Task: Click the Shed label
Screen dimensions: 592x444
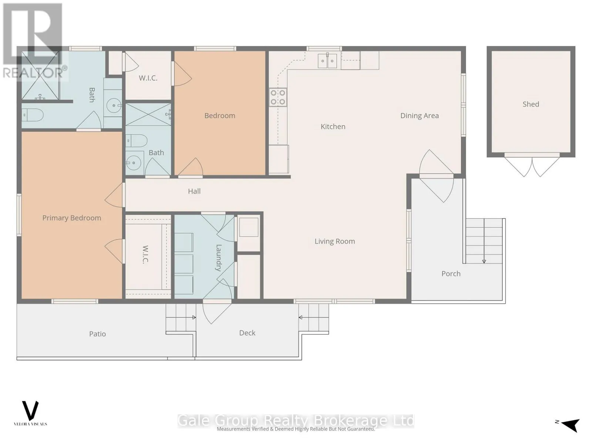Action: pyautogui.click(x=531, y=104)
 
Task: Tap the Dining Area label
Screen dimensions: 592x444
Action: pyautogui.click(x=419, y=116)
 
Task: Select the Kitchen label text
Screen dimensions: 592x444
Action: pyautogui.click(x=333, y=127)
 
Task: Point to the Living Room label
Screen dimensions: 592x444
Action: pyautogui.click(x=335, y=241)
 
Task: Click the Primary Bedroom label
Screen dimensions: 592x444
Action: pyautogui.click(x=72, y=218)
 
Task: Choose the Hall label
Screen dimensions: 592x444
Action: pyautogui.click(x=194, y=191)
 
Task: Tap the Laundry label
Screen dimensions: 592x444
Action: pyautogui.click(x=218, y=258)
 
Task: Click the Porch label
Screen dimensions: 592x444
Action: pyautogui.click(x=451, y=274)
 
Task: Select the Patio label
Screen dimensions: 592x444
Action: pyautogui.click(x=97, y=334)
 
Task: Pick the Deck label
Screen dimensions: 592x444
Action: pyautogui.click(x=247, y=333)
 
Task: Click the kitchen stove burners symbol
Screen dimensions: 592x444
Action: pyautogui.click(x=278, y=97)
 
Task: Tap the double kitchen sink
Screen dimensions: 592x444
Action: pyautogui.click(x=327, y=61)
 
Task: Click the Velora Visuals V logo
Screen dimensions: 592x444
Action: pyautogui.click(x=30, y=410)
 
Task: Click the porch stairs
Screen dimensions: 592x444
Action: pyautogui.click(x=484, y=241)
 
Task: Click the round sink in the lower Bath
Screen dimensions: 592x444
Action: pyautogui.click(x=134, y=163)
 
